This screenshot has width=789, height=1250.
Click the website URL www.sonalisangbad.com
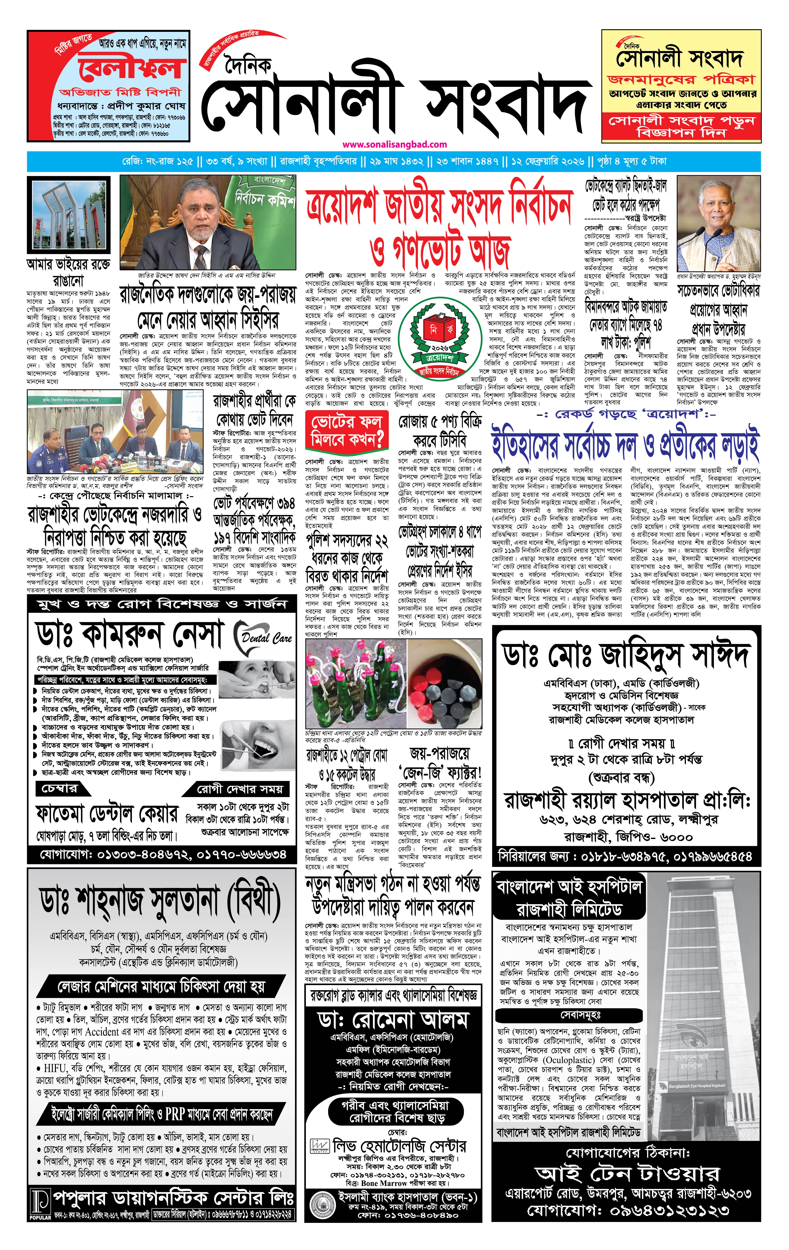(x=394, y=144)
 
